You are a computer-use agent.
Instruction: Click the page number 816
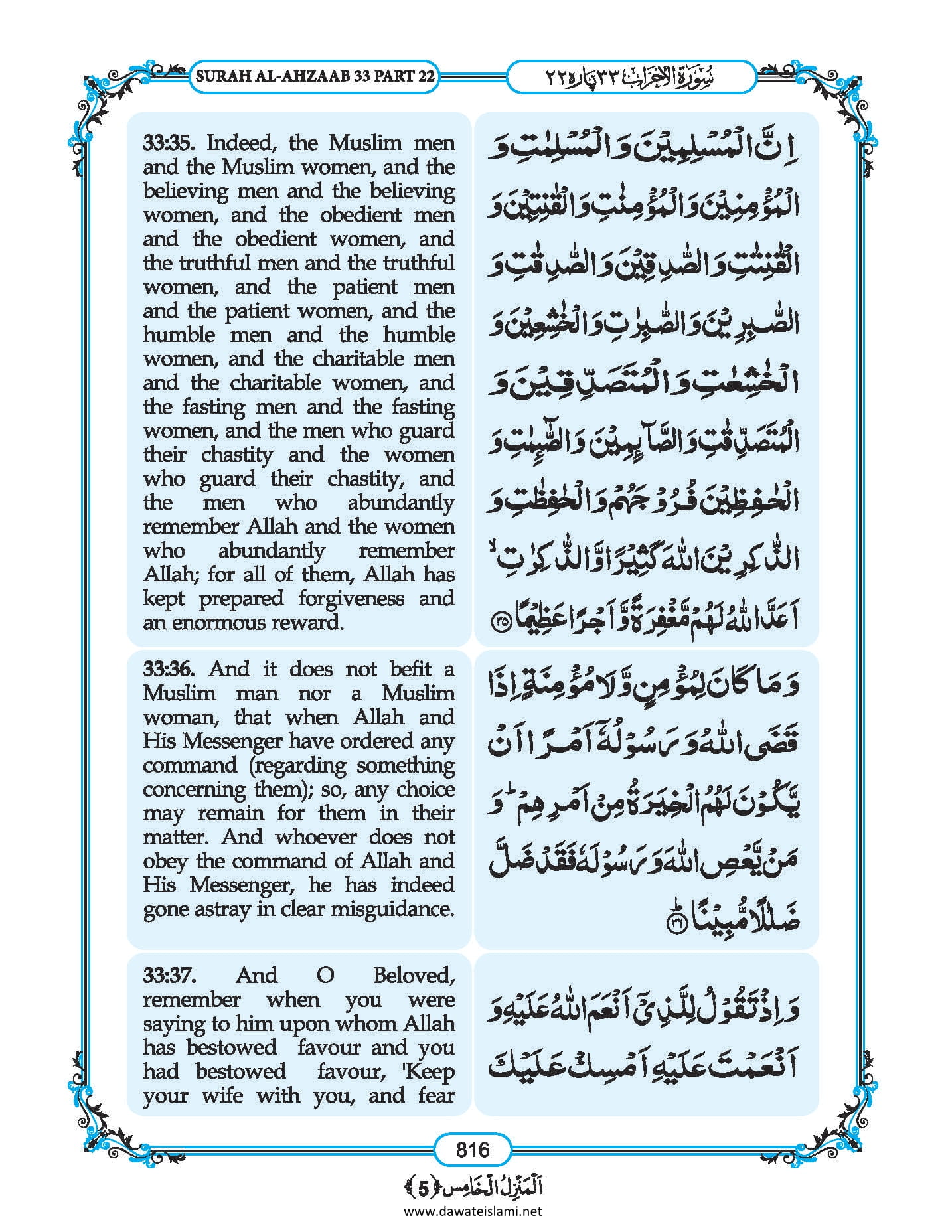click(x=473, y=1149)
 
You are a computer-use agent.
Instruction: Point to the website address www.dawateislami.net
click(x=473, y=1211)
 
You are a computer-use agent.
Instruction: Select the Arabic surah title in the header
click(x=631, y=76)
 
